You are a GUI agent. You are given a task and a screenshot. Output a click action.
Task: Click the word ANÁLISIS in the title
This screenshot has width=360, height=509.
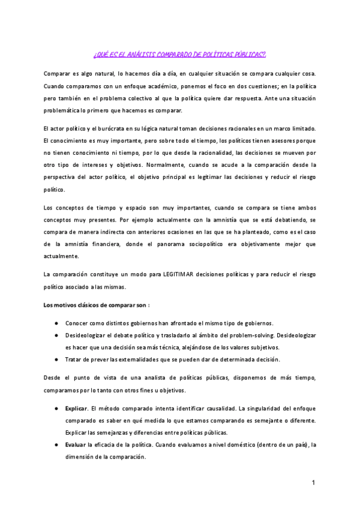[142, 55]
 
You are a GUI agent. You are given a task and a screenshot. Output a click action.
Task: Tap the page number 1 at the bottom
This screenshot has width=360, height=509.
[313, 483]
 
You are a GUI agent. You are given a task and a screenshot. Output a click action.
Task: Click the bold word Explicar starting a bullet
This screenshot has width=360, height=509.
[77, 408]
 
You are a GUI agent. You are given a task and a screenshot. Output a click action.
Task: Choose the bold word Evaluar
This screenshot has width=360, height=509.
[76, 444]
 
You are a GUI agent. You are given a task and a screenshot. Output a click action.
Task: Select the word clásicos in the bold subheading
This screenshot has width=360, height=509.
[90, 305]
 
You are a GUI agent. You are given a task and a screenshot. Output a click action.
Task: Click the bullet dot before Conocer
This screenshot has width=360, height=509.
[56, 324]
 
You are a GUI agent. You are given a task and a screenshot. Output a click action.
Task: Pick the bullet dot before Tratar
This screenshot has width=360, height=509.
[56, 360]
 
